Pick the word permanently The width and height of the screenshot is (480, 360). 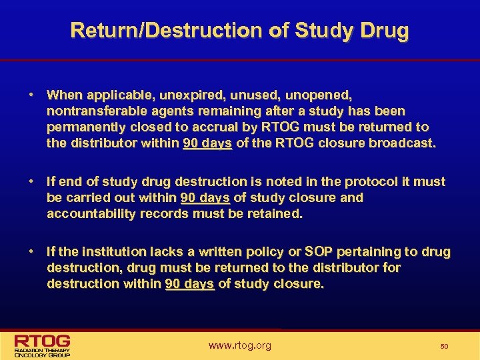pos(84,127)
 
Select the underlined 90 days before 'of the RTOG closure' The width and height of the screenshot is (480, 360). pos(207,143)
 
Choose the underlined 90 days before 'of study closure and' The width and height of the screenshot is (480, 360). pos(205,197)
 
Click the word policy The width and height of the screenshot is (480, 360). pos(269,251)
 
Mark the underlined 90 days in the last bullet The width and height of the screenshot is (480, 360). pos(189,283)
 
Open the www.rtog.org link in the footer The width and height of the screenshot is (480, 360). pos(240,345)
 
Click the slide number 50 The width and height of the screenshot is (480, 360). pos(444,347)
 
